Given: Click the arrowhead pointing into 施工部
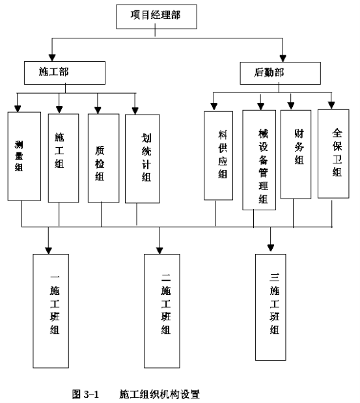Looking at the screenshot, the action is [52, 58].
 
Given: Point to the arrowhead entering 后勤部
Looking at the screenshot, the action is [283, 59].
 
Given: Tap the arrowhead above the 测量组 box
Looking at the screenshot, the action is [18, 109].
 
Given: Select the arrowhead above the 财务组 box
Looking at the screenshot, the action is [291, 105].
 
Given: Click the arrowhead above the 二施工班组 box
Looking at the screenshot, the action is [159, 251].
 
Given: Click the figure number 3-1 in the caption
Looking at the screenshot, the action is [91, 394].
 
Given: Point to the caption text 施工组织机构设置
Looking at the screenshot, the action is [159, 394].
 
